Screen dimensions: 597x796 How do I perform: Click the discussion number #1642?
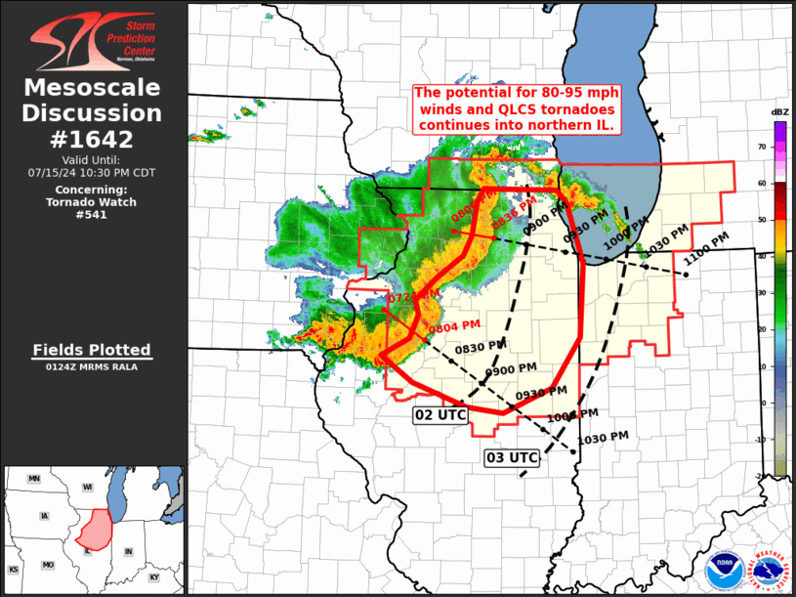tap(93, 139)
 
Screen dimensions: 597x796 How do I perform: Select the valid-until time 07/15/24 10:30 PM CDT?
tap(92, 172)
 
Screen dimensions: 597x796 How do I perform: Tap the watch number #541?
tap(92, 215)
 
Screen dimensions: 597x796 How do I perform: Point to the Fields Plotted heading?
tap(92, 350)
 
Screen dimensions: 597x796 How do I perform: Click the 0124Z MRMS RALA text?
tap(92, 367)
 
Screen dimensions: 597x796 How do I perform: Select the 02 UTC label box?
tap(440, 415)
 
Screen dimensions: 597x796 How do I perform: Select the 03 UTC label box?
tap(512, 456)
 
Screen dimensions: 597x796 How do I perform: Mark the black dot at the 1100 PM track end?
tap(687, 275)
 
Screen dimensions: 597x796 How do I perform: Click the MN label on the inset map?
tap(34, 479)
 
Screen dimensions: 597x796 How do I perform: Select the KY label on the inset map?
tap(154, 577)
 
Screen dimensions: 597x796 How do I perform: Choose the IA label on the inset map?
tap(43, 515)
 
